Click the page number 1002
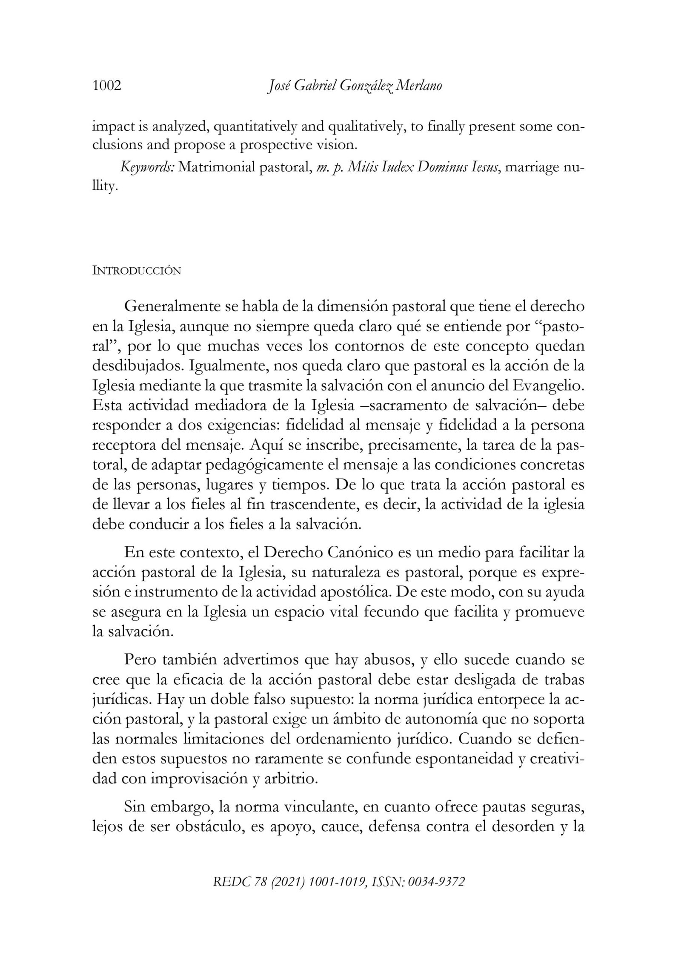coord(107,86)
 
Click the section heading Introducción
coord(137,271)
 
